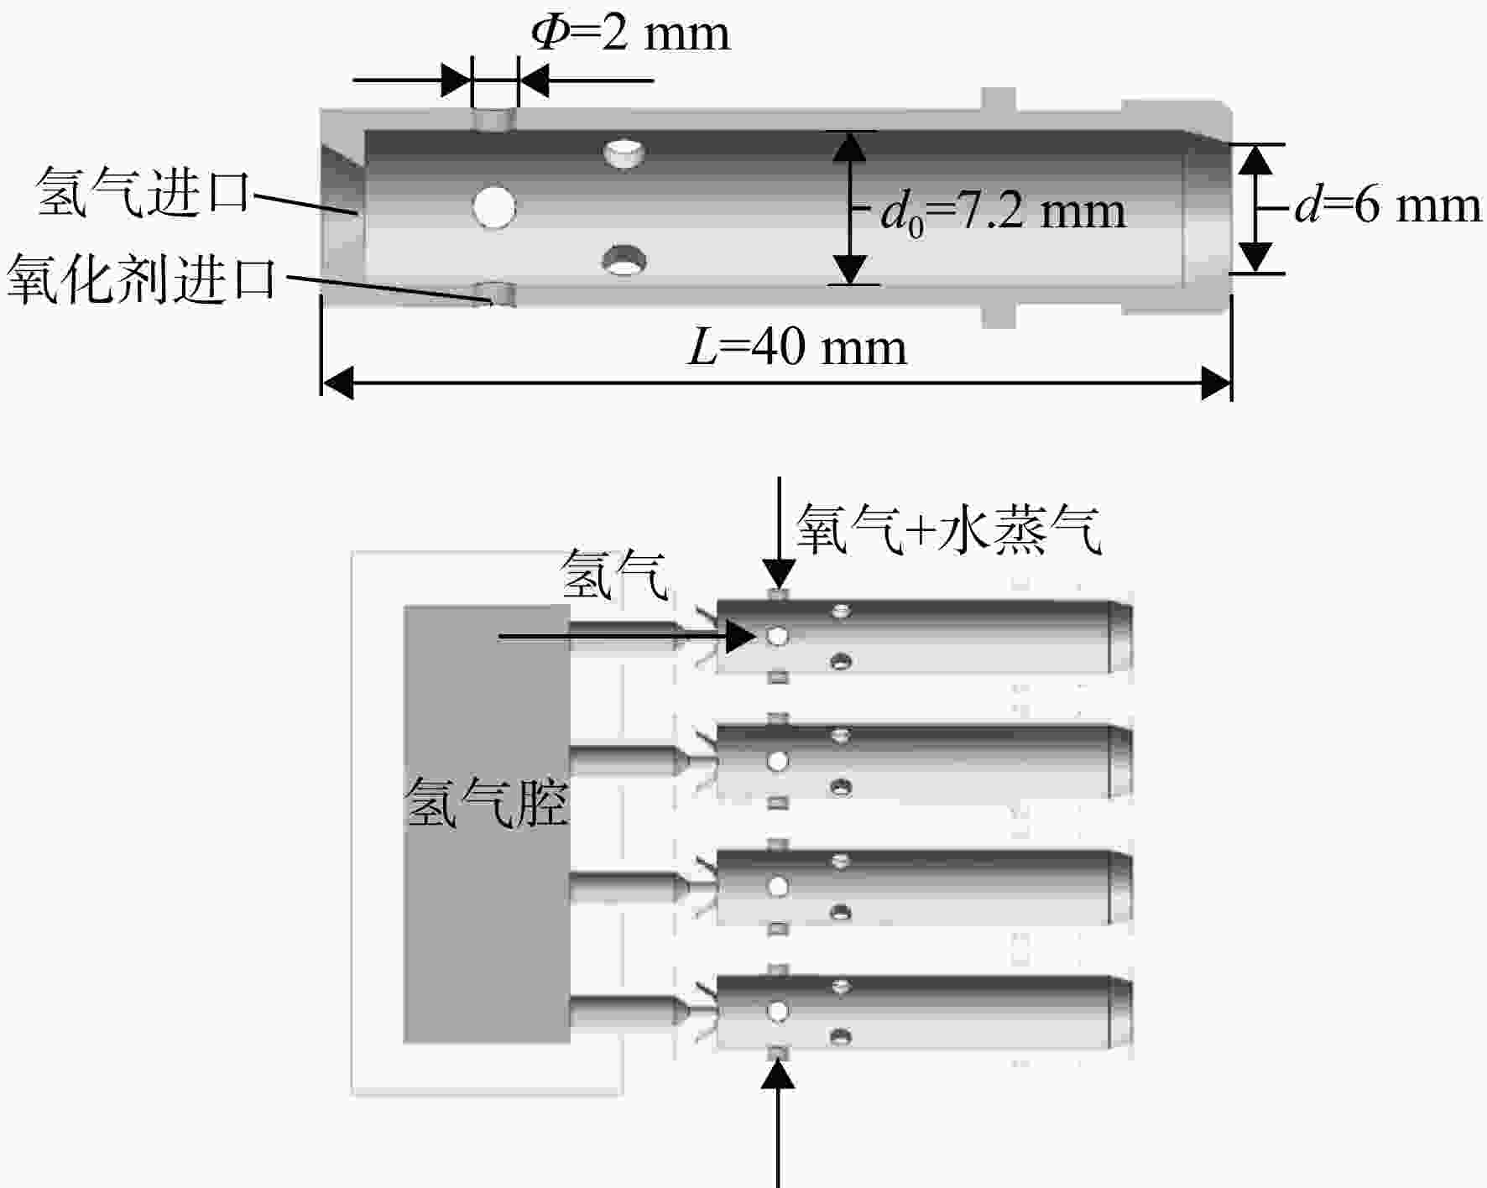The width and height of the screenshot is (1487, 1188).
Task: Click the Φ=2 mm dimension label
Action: [631, 34]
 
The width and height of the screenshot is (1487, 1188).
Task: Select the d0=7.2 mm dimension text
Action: [1003, 211]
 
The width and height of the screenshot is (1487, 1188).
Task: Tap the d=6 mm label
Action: [1388, 206]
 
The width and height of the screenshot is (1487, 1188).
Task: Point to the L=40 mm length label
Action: [797, 346]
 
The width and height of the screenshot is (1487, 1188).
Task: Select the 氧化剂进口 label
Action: [142, 279]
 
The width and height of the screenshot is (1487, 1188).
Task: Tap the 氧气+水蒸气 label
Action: [948, 529]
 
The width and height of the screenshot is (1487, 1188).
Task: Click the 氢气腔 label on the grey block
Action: [487, 802]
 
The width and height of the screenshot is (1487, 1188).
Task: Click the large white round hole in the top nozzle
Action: [493, 206]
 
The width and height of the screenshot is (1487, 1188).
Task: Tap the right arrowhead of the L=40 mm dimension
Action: [1216, 383]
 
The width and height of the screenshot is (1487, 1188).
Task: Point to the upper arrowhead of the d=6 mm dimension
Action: [1256, 159]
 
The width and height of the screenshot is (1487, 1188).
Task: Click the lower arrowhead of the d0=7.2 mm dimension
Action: [850, 268]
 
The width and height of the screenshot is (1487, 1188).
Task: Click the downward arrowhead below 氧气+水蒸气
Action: [780, 576]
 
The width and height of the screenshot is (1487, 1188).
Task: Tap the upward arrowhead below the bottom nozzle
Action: [779, 1074]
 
